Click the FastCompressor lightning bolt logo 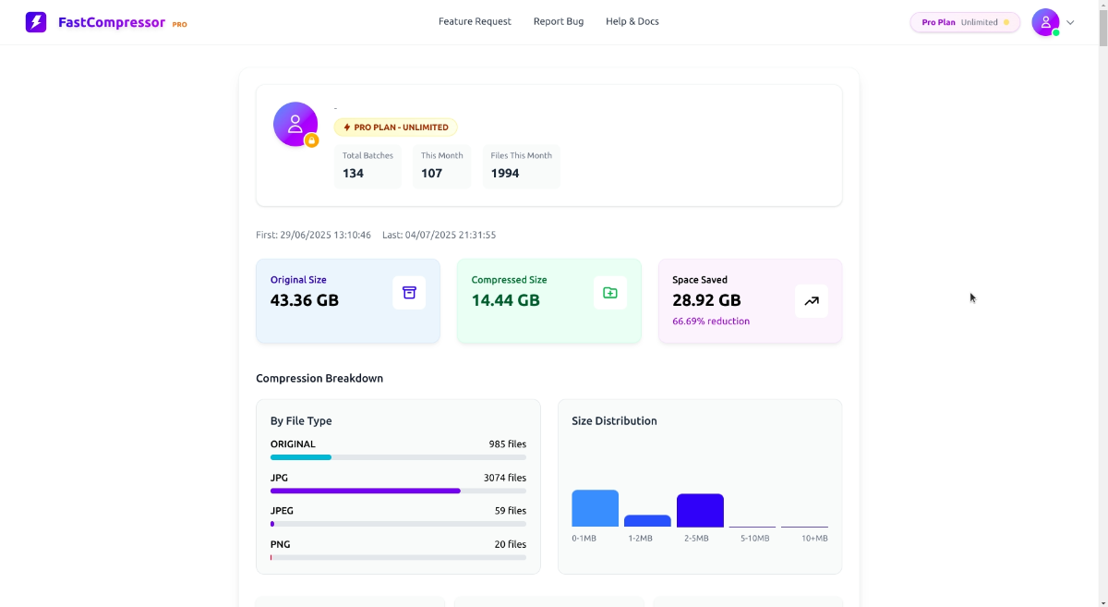[36, 22]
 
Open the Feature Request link [475, 21]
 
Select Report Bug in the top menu [559, 21]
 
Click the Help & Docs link [632, 21]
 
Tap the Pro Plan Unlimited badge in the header [965, 22]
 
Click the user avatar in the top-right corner [1045, 22]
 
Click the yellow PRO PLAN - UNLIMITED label [395, 127]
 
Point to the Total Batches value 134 [353, 173]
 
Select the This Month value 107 [431, 173]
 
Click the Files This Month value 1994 [505, 173]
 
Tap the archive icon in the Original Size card [409, 293]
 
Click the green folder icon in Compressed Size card [609, 293]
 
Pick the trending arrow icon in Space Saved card [811, 300]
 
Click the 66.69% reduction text [711, 322]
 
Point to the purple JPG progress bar [365, 491]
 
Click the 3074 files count [505, 478]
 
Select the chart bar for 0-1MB [595, 508]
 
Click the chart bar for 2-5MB [700, 510]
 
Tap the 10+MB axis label [814, 538]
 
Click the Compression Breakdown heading [319, 378]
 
